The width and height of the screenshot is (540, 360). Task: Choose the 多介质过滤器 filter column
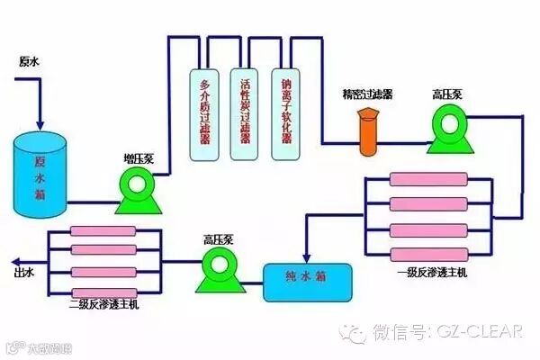203,113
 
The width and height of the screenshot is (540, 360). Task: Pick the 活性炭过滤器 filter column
245,113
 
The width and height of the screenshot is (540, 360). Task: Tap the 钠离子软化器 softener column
286,113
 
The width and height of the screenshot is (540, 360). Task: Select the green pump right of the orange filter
446,128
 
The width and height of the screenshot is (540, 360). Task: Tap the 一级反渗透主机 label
430,271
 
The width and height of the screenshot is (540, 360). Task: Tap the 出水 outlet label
24,271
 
